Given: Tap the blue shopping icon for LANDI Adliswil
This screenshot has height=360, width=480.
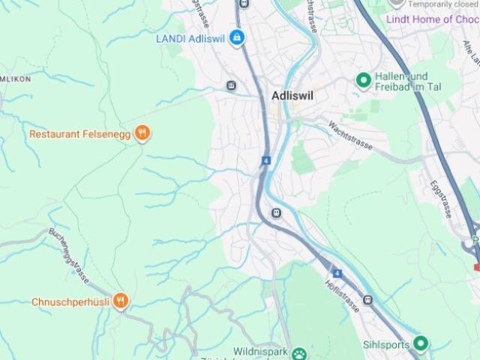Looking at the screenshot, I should tap(237, 37).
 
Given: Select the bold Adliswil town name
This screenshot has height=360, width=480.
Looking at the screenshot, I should tap(292, 97).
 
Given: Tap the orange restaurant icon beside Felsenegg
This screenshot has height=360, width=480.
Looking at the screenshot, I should tap(142, 133).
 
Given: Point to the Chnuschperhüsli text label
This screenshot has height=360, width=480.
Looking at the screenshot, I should tap(70, 302).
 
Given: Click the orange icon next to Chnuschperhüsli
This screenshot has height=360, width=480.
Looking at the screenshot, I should tap(121, 301).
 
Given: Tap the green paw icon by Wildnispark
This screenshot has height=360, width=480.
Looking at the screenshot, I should tap(299, 353).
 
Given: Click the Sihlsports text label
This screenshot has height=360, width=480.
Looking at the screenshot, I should tap(385, 345).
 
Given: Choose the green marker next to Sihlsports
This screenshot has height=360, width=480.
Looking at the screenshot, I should tap(421, 344).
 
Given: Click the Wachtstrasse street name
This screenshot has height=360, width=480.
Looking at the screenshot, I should tap(350, 132).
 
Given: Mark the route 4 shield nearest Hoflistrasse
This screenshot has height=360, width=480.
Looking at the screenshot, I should tap(337, 274).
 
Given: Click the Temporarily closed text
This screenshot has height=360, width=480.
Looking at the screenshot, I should tap(442, 4).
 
